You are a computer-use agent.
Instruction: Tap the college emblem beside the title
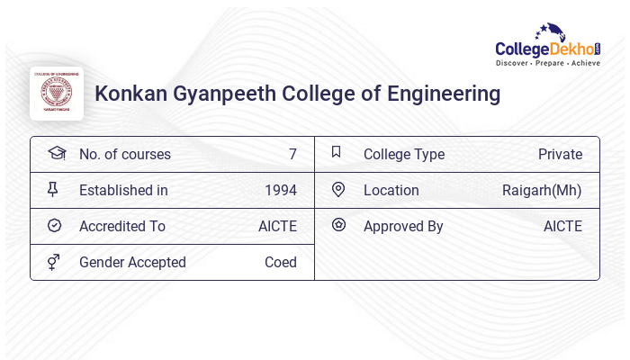[x=57, y=93]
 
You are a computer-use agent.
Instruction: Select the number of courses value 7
[x=292, y=154]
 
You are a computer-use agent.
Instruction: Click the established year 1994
[x=280, y=190]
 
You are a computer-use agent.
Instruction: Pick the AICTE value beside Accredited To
[x=277, y=226]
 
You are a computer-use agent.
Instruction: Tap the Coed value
[x=280, y=262]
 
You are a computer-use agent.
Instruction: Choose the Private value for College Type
[x=560, y=154]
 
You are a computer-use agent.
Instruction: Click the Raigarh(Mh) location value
[x=542, y=190]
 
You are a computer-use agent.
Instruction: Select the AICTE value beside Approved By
[x=562, y=226]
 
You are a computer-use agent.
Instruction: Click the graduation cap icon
[x=56, y=153]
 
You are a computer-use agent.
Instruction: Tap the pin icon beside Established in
[x=53, y=189]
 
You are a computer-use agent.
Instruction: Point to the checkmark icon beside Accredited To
[x=54, y=225]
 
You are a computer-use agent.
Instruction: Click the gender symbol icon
[x=54, y=262]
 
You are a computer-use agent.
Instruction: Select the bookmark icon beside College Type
[x=337, y=152]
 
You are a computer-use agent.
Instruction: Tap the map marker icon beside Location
[x=338, y=189]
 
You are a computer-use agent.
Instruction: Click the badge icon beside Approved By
[x=338, y=225]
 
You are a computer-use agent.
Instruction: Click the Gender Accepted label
[x=132, y=262]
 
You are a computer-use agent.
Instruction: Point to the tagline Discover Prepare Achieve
[x=547, y=63]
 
